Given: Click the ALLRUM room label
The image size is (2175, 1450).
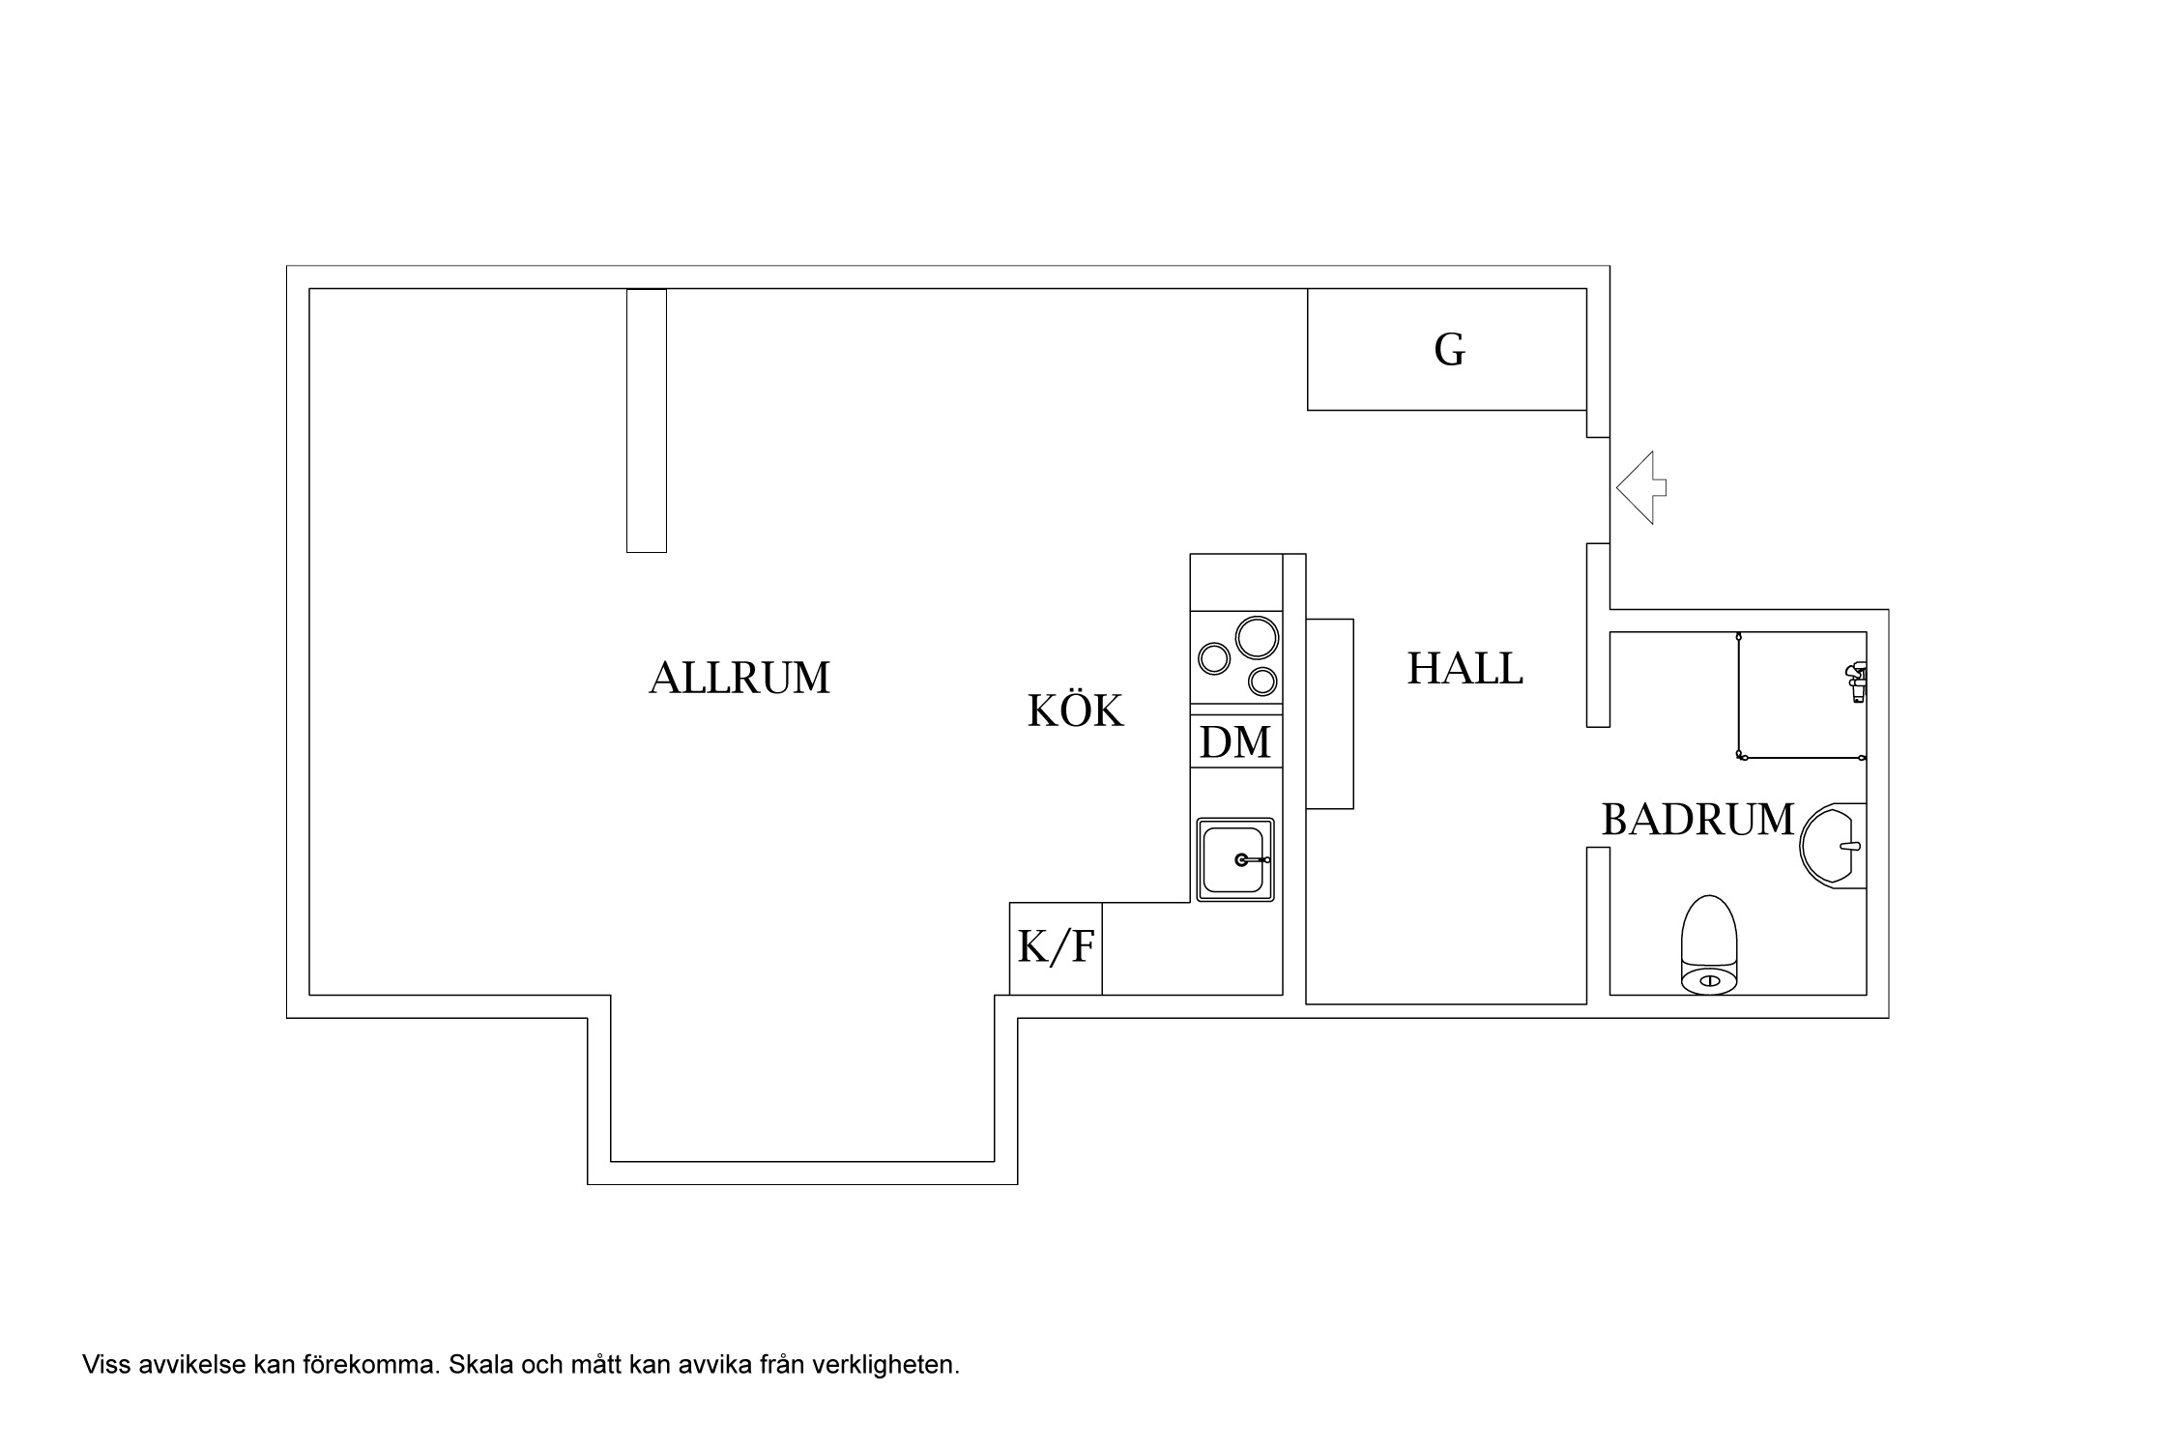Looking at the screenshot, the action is pos(739,678).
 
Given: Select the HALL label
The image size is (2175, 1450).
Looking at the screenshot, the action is pos(1464,668).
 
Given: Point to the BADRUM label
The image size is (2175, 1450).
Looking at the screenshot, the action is pos(1697,820).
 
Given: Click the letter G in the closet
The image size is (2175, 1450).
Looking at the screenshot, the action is pos(1449,350).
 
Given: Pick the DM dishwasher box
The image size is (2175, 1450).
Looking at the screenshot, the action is pos(1235,741).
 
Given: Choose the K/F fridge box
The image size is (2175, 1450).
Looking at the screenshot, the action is pos(1056,948).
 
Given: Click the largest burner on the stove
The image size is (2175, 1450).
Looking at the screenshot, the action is pos(1257,638).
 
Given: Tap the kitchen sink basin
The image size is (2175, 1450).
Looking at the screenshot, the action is pos(1235,859).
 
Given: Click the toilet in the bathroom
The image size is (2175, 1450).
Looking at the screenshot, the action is pos(1709,945).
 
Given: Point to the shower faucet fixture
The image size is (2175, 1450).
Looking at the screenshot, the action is pos(1856,681).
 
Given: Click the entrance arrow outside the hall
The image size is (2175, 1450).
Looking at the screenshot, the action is pos(1641,488).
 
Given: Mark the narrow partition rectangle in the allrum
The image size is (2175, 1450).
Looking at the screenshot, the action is pos(647,420).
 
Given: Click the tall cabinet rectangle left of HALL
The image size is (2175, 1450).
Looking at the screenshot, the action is pos(1329,713).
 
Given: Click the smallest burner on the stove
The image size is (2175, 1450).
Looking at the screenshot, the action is pos(1262,681).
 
